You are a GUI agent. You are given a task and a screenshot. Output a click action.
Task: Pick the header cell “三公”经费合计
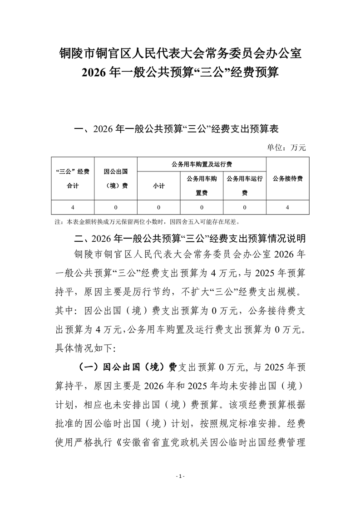73,178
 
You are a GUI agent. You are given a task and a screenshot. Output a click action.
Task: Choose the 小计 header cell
158,186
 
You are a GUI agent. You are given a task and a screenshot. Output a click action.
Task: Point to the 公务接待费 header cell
287,178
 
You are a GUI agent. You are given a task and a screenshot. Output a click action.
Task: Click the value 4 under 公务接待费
287,207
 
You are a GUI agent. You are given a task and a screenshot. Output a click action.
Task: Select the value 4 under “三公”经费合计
73,207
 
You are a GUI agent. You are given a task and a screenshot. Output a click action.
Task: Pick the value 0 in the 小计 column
158,207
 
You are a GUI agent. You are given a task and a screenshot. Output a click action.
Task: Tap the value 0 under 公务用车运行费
245,207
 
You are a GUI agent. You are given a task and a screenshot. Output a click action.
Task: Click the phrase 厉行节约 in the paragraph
163,290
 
